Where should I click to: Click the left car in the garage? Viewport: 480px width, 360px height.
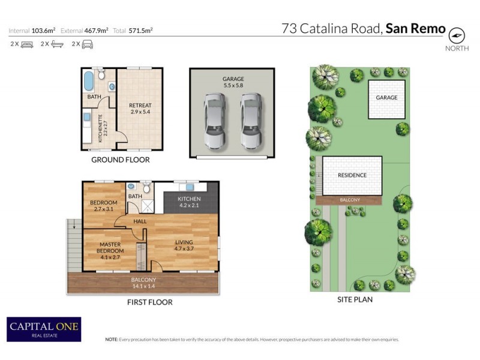click(x=214, y=122)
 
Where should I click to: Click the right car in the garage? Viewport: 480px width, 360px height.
click(x=251, y=122)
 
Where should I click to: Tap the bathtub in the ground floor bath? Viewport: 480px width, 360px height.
click(x=89, y=80)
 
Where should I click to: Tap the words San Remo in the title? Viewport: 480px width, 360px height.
click(x=415, y=28)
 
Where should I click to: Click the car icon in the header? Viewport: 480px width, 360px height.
click(x=87, y=44)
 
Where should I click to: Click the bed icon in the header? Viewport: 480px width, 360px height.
click(x=26, y=44)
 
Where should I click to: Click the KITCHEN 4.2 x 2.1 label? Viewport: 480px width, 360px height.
click(x=190, y=202)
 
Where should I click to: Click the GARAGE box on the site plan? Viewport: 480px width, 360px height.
click(x=386, y=98)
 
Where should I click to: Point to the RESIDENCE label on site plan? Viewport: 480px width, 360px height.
click(x=352, y=175)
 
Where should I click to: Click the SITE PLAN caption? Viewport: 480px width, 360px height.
click(x=355, y=299)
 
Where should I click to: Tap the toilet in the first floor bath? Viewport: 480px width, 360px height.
click(x=146, y=188)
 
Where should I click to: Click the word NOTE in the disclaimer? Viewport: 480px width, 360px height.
click(x=112, y=340)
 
